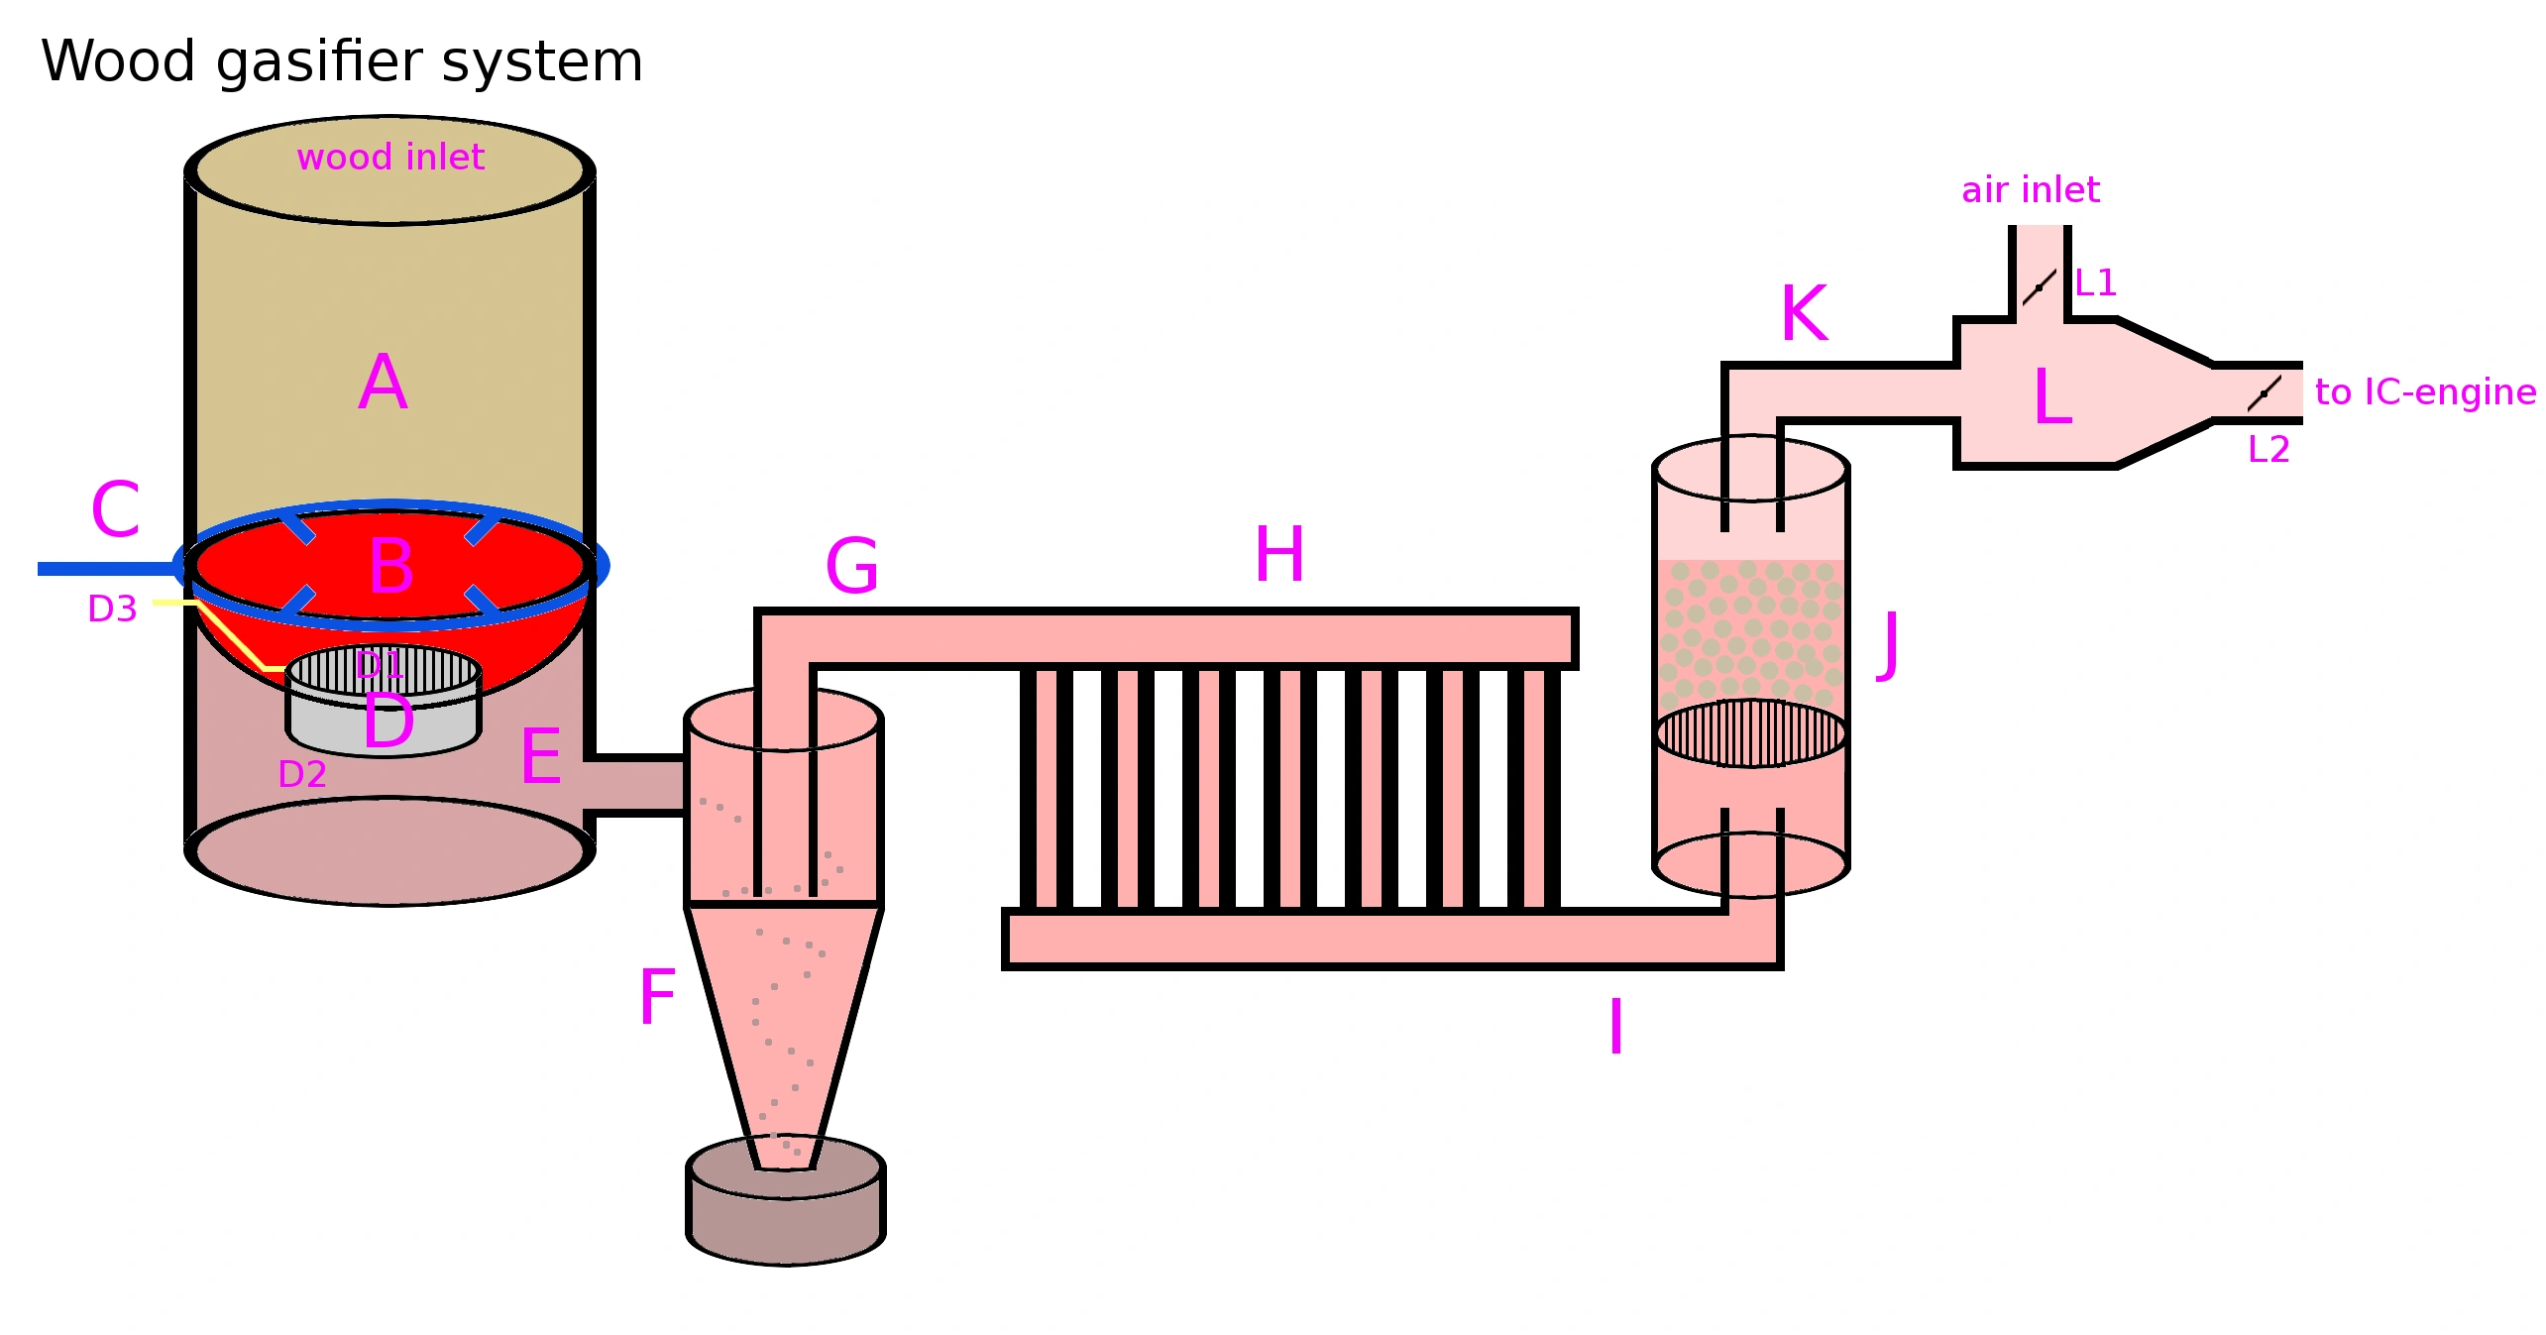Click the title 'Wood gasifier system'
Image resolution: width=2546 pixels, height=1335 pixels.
tap(342, 62)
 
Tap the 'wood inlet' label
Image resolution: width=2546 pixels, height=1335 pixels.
tap(390, 157)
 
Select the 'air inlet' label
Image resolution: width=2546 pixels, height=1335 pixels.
tap(2031, 189)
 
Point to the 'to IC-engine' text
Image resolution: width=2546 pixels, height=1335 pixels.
tap(2425, 392)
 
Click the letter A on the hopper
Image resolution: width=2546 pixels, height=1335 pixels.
tap(384, 383)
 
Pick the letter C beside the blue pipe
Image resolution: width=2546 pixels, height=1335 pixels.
tap(115, 509)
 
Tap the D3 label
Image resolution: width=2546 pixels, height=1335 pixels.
tap(112, 609)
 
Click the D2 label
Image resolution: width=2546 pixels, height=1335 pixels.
tap(302, 774)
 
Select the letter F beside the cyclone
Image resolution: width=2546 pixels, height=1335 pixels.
tap(657, 997)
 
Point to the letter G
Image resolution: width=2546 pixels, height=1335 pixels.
tap(852, 566)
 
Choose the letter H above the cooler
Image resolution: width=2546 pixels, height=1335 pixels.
tap(1279, 554)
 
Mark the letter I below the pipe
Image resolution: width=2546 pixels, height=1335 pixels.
tap(1616, 1027)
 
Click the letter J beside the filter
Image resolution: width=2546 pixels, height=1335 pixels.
tap(1889, 645)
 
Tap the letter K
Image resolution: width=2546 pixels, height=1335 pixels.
tap(1804, 313)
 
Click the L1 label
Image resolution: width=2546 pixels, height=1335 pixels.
tap(2096, 283)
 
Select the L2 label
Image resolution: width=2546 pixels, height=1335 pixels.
tap(2269, 450)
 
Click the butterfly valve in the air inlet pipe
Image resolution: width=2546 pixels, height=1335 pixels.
tap(2040, 287)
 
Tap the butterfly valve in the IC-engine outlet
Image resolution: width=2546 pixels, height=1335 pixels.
tap(2265, 393)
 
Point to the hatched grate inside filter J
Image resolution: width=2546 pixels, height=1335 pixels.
tap(1751, 733)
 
